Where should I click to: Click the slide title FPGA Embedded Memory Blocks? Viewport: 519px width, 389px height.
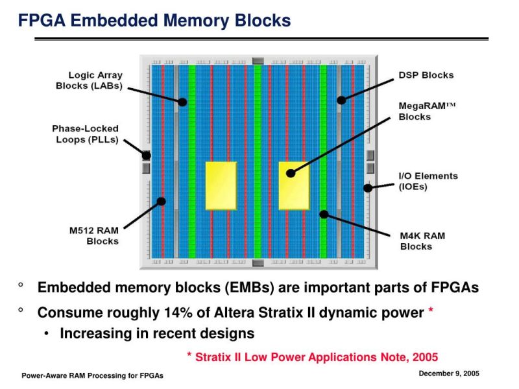point(154,21)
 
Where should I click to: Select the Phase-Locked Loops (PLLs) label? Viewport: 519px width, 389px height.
point(85,134)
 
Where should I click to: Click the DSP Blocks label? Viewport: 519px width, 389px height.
point(426,75)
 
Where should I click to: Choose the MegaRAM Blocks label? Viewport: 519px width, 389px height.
point(427,111)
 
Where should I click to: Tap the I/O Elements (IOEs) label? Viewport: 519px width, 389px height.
point(428,181)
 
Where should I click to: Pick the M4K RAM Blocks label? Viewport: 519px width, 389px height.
point(422,241)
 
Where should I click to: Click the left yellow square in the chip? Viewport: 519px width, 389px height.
point(221,185)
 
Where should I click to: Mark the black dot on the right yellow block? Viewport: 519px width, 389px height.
point(290,173)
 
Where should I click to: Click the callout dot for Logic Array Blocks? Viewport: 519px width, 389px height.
point(183,102)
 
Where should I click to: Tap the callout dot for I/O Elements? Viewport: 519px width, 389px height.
point(367,188)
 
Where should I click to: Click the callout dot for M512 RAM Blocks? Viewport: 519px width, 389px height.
point(162,201)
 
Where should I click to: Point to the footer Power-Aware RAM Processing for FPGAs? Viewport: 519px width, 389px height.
point(93,376)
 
